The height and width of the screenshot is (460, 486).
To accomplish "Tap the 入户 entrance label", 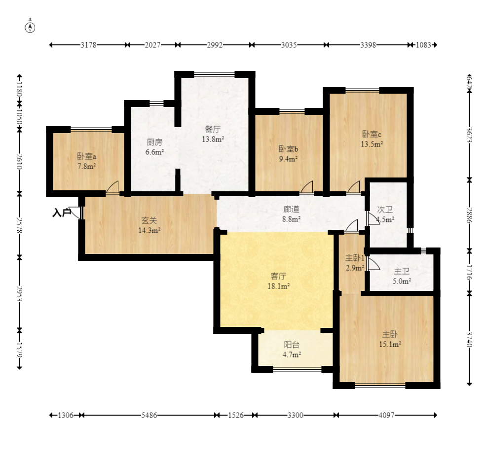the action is coord(62,213).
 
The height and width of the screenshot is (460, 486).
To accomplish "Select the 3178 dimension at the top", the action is coord(88,45).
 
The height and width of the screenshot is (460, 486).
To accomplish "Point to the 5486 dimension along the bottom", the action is coord(149,415).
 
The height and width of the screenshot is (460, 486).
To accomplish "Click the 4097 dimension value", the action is coord(386,415).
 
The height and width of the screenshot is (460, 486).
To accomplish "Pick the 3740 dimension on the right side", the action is coord(469,339).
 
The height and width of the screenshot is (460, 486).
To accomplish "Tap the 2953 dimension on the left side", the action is coord(19,293).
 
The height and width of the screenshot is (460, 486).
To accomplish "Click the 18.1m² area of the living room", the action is coord(279,286).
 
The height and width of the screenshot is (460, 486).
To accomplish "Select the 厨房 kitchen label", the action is coord(154,142).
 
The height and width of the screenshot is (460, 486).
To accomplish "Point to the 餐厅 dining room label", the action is coord(213,129).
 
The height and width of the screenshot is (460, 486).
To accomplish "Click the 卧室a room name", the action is coord(86,156).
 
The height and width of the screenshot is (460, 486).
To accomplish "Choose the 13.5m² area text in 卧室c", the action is coord(372,144).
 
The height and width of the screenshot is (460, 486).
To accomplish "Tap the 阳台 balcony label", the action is coord(292,345).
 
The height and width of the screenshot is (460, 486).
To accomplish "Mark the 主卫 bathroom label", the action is coord(402,271).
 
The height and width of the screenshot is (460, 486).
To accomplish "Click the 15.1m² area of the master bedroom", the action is coord(390,344).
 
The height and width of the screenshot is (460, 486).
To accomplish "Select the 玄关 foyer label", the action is coord(149,220).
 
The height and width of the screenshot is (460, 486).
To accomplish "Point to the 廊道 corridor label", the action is coord(291,210).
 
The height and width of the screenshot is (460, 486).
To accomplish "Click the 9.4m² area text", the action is coord(288,159).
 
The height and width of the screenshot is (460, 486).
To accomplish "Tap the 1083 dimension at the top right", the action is coord(423,45).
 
